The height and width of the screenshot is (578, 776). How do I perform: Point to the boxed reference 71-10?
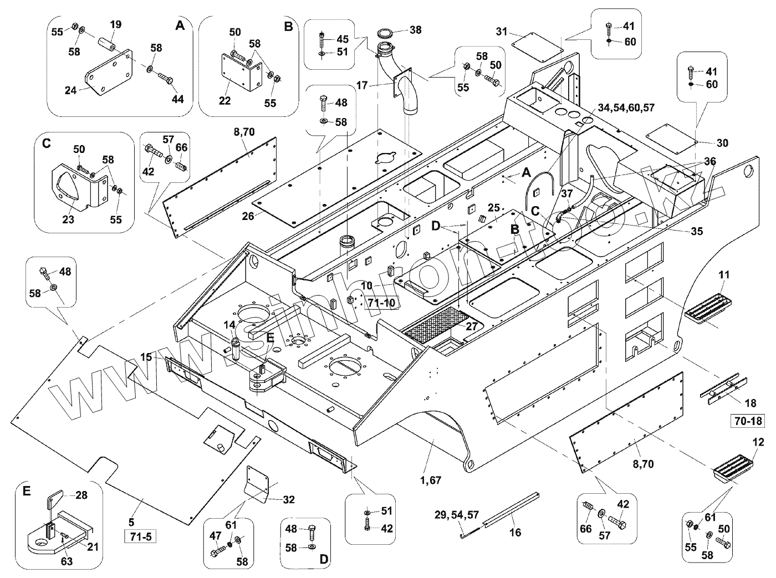coord(382,303)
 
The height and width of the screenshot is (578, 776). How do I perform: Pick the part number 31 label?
coord(502,32)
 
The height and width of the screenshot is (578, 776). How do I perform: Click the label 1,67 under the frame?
coord(431,480)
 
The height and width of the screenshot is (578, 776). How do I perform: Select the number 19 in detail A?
coord(116,25)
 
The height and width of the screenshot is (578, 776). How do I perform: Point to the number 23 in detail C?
coord(68,219)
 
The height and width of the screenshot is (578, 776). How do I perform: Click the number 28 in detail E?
coord(81,495)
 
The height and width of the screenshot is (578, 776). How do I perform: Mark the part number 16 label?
coord(515,533)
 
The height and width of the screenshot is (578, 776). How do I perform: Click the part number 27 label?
coord(472,326)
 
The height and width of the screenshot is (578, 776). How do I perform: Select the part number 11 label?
coord(724,274)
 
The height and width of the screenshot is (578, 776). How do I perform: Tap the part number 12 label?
coord(758,442)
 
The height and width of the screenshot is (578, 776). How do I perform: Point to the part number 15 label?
coord(146,357)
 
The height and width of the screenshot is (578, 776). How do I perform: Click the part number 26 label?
coord(248,216)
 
